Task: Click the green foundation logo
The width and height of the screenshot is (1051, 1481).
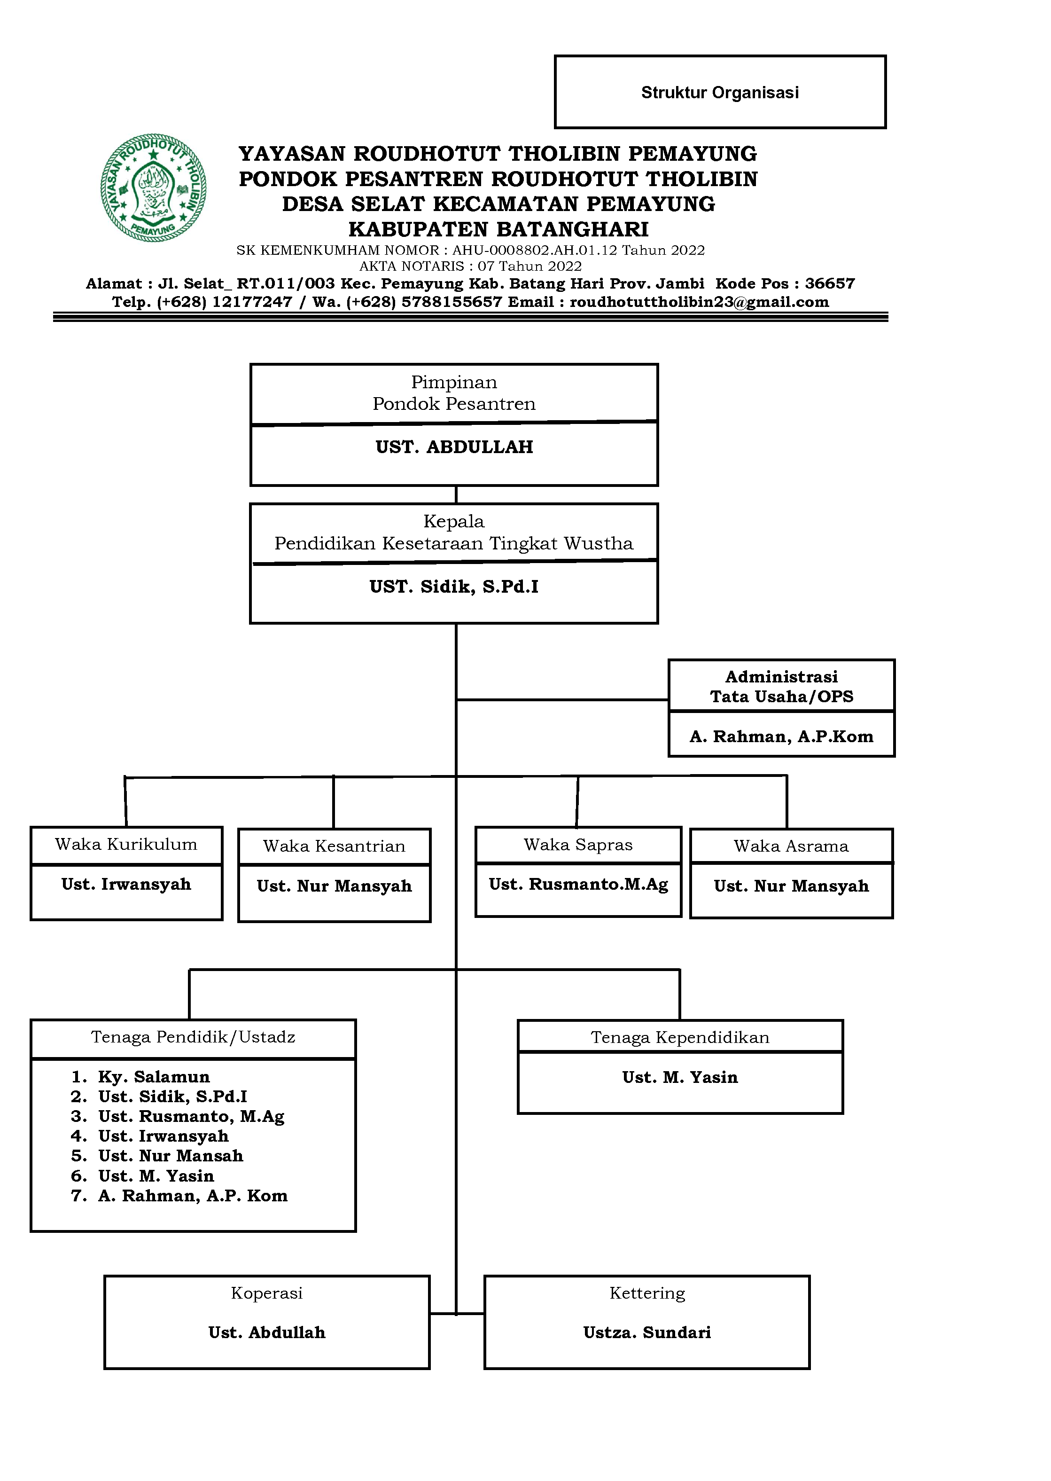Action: point(153,188)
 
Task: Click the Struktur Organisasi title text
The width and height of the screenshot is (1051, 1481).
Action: point(720,93)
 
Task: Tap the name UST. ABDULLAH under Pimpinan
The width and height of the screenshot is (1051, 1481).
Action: point(454,447)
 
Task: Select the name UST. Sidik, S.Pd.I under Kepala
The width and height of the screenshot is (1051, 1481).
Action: point(454,587)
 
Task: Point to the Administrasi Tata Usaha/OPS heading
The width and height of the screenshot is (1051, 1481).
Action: point(781,686)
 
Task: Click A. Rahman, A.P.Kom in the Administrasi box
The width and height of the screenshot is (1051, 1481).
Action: point(781,737)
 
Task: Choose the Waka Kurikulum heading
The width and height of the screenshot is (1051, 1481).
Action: point(126,844)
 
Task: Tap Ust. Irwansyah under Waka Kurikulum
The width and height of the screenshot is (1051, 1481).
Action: point(126,884)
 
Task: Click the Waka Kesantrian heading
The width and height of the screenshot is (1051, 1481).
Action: point(334,846)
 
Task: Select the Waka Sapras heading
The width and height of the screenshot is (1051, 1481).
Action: point(578,845)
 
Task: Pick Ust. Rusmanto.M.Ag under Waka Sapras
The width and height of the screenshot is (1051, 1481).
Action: point(578,884)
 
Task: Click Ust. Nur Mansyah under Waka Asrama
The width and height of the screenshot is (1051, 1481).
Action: point(791,886)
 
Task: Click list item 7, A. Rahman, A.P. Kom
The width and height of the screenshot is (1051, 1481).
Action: point(192,1196)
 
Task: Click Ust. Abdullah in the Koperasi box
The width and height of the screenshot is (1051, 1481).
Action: point(267,1332)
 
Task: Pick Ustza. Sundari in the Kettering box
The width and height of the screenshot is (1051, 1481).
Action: point(646,1332)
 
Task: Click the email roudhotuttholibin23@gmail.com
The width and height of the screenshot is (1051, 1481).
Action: point(699,302)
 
